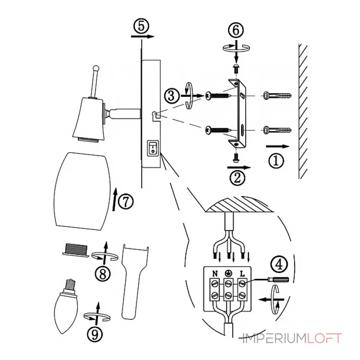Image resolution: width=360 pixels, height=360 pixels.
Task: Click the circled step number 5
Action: pyautogui.click(x=141, y=26)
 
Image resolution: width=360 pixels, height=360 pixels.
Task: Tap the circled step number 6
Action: pyautogui.click(x=236, y=30)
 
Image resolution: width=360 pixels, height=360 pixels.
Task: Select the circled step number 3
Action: pyautogui.click(x=172, y=96)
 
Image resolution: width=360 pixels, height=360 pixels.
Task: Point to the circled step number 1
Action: pyautogui.click(x=276, y=161)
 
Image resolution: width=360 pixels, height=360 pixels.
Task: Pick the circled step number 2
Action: pyautogui.click(x=238, y=177)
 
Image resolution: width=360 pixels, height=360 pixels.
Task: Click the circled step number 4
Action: pyautogui.click(x=279, y=264)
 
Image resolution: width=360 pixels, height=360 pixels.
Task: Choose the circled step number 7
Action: pyautogui.click(x=126, y=202)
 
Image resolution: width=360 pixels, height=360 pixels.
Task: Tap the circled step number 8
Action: pyautogui.click(x=103, y=274)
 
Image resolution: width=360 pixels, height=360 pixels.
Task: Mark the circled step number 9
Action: pyautogui.click(x=95, y=334)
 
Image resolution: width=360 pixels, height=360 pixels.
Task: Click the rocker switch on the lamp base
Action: pyautogui.click(x=153, y=148)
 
